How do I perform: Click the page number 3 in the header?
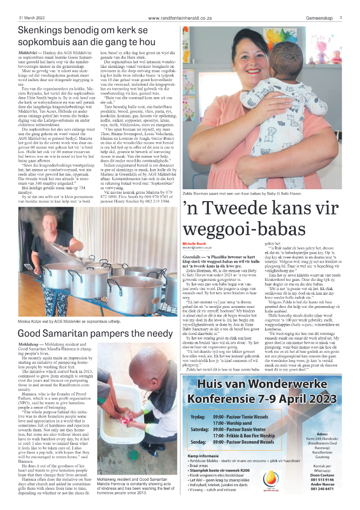(x=341, y=17)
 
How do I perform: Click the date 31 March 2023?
(x=32, y=18)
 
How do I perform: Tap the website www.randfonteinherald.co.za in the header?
(x=180, y=18)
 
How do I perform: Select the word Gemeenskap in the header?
(x=320, y=18)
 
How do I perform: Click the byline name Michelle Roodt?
(x=195, y=243)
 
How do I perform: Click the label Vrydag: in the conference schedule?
(x=198, y=417)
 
